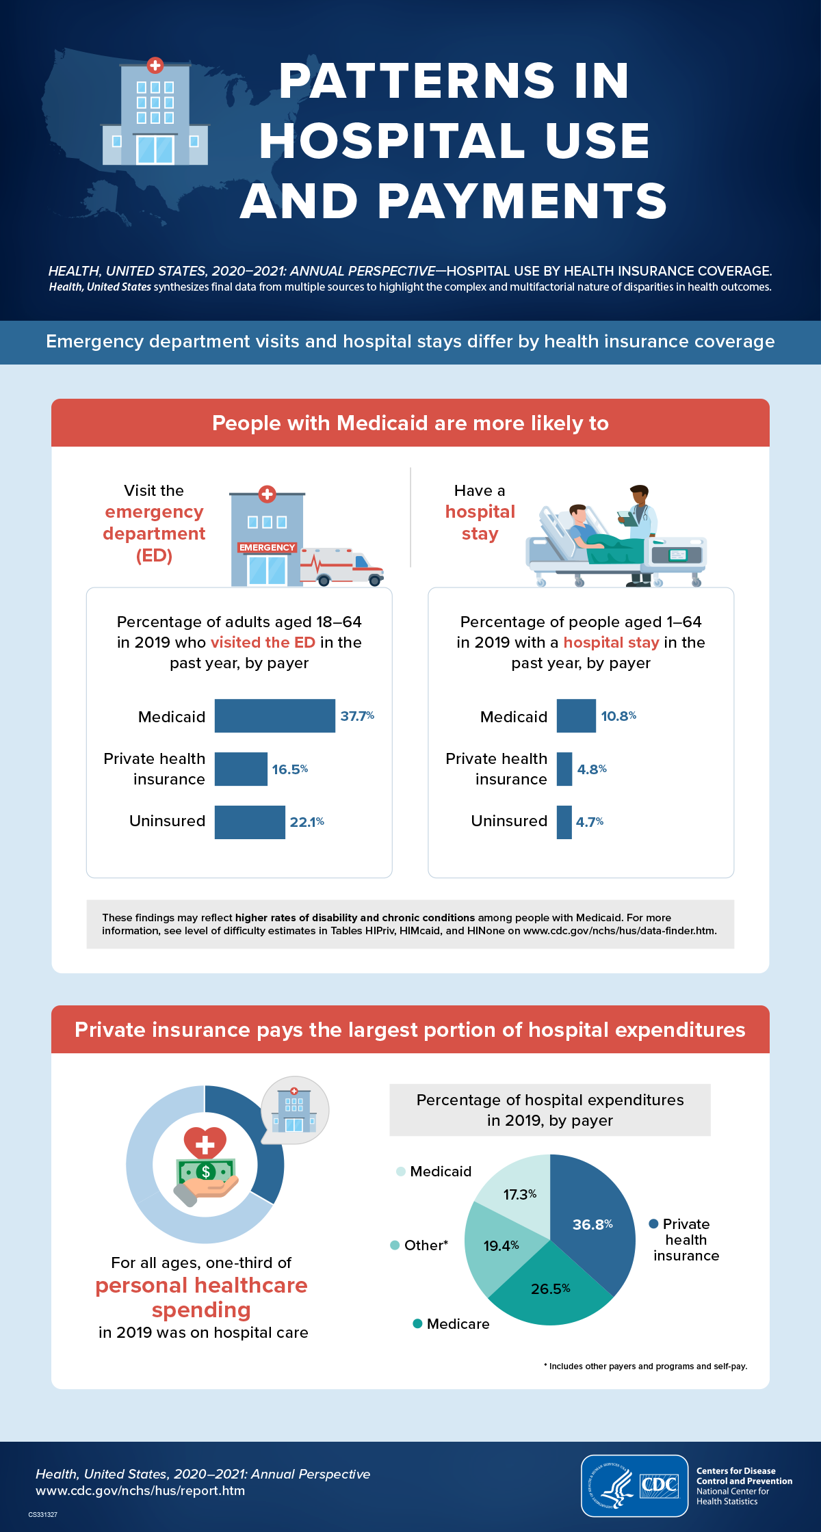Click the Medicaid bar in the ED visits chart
(274, 715)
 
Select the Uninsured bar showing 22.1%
(249, 821)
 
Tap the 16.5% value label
(290, 769)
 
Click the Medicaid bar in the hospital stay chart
(575, 715)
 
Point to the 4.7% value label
(589, 821)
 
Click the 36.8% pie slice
(592, 1224)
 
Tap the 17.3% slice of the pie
(520, 1194)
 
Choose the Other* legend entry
(419, 1245)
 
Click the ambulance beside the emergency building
(342, 566)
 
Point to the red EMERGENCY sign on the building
(267, 547)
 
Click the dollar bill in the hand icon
(205, 1172)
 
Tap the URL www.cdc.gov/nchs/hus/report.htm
(140, 1490)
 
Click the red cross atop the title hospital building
(155, 66)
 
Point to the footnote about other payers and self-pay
(645, 1366)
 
